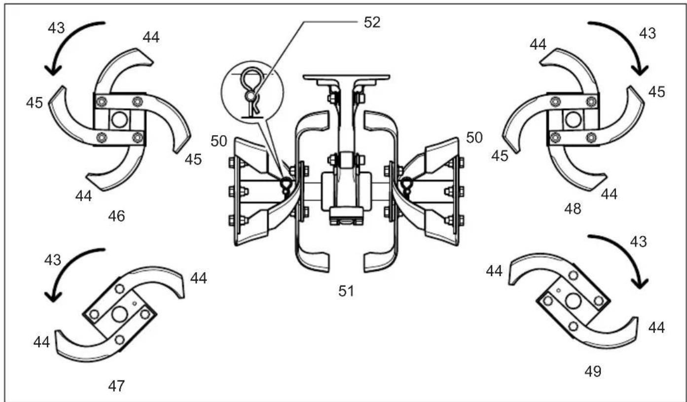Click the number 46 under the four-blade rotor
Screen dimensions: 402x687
tap(117, 216)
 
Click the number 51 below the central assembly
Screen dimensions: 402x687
tap(346, 291)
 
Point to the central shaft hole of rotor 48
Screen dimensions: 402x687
tap(572, 119)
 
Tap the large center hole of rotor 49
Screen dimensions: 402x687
tap(573, 300)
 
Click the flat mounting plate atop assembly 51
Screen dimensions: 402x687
tap(346, 77)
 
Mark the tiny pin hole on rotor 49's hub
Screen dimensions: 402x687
tap(558, 291)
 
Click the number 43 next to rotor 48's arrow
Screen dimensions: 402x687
tap(647, 34)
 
